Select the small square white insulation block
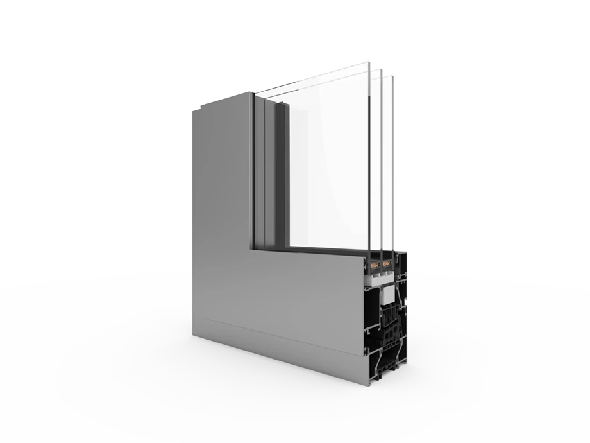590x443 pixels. [x=389, y=296]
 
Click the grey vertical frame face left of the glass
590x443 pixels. [x=221, y=193]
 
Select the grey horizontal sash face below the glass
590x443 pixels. [x=301, y=289]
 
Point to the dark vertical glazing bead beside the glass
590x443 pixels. [x=280, y=173]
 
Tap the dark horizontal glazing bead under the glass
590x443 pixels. [x=327, y=249]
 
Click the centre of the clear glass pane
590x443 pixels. [x=327, y=161]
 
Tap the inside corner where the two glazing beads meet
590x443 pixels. [x=286, y=245]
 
